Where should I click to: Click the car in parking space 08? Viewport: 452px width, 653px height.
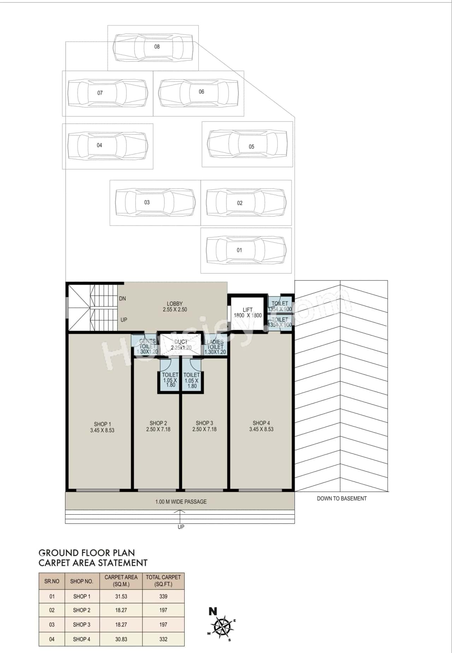click(x=153, y=47)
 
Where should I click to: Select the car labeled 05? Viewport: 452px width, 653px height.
click(x=247, y=144)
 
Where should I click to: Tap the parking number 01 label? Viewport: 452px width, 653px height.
click(x=239, y=250)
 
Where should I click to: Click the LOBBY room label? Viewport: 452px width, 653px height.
click(x=175, y=304)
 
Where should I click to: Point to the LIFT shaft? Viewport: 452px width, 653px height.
click(x=247, y=313)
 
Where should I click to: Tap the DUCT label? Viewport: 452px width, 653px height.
click(x=181, y=342)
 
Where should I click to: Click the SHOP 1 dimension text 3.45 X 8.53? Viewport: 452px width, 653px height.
click(x=102, y=431)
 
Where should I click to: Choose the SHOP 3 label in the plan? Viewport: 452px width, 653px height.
click(x=204, y=423)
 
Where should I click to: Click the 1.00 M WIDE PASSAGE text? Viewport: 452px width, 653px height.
click(x=181, y=502)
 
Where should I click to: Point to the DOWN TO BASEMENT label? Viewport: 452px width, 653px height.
click(x=341, y=499)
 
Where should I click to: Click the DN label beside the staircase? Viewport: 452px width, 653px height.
click(x=122, y=298)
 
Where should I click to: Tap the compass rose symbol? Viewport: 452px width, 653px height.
click(x=224, y=627)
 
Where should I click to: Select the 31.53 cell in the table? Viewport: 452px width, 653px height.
click(x=121, y=596)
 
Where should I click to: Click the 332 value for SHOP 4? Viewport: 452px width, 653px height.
click(x=163, y=639)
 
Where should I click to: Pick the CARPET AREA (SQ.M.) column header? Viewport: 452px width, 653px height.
click(x=121, y=581)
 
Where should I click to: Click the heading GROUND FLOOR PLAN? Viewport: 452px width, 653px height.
click(x=87, y=553)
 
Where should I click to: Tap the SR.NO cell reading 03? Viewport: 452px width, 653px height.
click(x=52, y=625)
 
